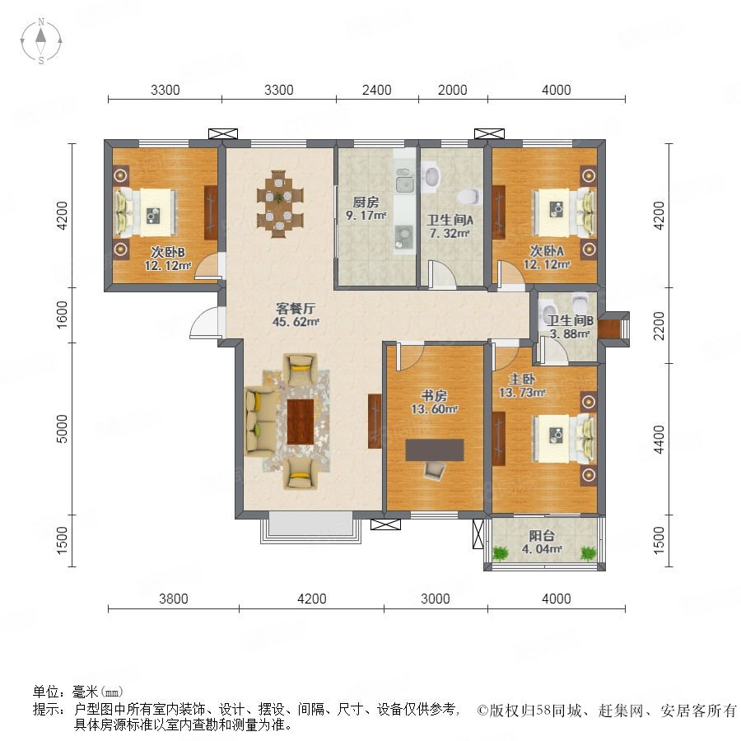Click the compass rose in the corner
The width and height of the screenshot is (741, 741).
[41, 41]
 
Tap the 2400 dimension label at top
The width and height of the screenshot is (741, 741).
[376, 90]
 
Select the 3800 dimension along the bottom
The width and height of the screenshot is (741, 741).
[174, 599]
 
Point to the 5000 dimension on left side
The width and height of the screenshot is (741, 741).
[62, 429]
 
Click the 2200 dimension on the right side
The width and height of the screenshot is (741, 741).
[659, 325]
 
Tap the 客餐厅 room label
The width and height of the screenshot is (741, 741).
[296, 309]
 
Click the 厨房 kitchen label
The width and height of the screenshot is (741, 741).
[366, 203]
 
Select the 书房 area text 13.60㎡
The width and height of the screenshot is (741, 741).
[434, 408]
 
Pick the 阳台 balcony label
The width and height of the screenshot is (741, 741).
[542, 536]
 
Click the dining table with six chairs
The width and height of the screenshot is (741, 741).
[279, 203]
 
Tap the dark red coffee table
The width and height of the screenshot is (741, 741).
[301, 422]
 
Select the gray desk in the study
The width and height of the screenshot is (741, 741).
[434, 450]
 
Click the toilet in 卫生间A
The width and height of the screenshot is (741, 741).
[469, 195]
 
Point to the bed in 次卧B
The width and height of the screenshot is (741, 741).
[145, 212]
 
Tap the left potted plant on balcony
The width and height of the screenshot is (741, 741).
[501, 552]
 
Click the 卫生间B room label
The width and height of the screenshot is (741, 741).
[570, 320]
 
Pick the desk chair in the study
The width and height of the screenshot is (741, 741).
[434, 471]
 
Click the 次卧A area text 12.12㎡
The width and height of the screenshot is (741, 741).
[547, 264]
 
